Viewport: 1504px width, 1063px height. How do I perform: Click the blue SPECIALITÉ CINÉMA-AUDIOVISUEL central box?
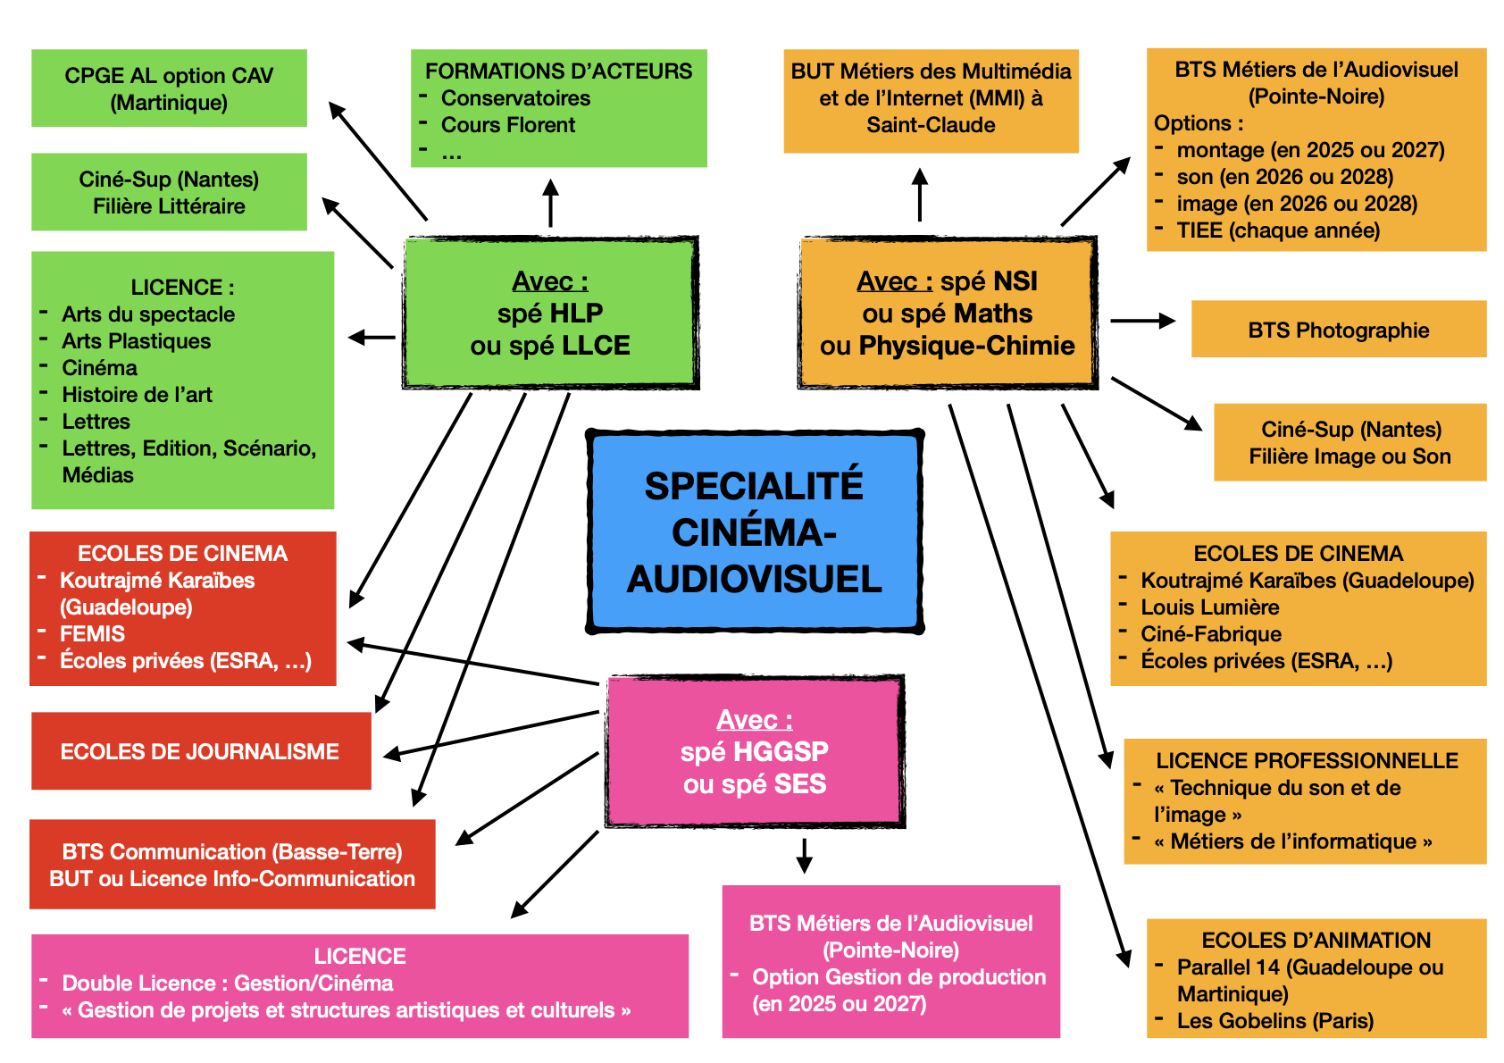pyautogui.click(x=755, y=532)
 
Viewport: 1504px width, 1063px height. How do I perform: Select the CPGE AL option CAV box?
pyautogui.click(x=169, y=88)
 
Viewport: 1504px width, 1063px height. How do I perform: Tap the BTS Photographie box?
pyautogui.click(x=1338, y=330)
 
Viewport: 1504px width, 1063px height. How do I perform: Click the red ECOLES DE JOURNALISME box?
pyautogui.click(x=200, y=751)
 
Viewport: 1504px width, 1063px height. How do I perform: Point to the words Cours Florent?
pyautogui.click(x=508, y=125)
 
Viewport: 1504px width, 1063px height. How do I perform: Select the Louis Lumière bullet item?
pyautogui.click(x=1209, y=607)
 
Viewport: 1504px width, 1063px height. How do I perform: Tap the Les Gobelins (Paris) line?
pyautogui.click(x=1274, y=1020)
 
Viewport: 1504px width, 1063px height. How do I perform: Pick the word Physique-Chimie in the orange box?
pyautogui.click(x=966, y=346)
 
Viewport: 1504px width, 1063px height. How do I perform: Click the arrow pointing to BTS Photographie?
pyautogui.click(x=1142, y=321)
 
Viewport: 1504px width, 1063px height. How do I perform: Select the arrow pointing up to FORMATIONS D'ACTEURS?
pyautogui.click(x=551, y=203)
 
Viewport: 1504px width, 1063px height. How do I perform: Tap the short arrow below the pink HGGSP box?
pyautogui.click(x=804, y=855)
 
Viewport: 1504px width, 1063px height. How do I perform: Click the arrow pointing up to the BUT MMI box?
pyautogui.click(x=920, y=194)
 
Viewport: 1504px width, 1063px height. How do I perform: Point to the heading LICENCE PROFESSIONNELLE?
pyautogui.click(x=1307, y=761)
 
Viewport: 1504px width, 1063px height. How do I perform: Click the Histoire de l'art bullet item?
pyautogui.click(x=137, y=395)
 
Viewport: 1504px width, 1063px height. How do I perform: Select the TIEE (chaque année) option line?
pyautogui.click(x=1277, y=230)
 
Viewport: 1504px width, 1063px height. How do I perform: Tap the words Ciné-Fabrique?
pyautogui.click(x=1210, y=634)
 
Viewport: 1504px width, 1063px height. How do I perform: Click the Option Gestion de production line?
pyautogui.click(x=898, y=977)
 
